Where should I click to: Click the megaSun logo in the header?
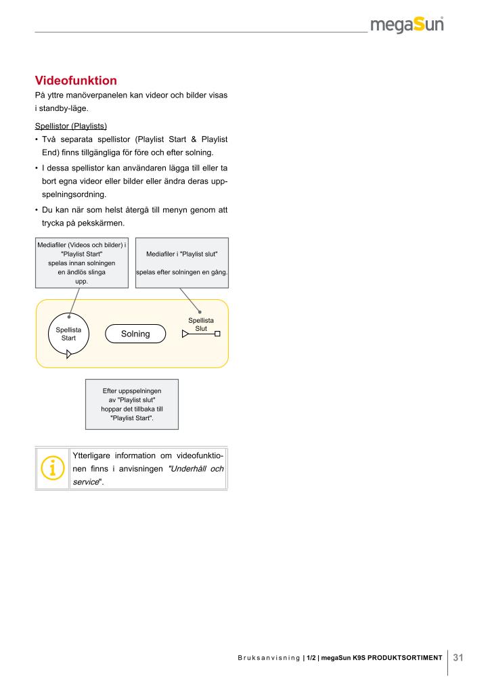pos(407,26)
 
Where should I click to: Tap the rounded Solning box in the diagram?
pos(135,334)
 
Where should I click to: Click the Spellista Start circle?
pos(68,334)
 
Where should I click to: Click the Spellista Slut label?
pos(201,323)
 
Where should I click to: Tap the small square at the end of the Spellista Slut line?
pos(217,333)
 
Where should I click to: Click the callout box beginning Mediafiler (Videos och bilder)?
pos(81,263)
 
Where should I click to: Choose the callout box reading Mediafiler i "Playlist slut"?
pos(181,263)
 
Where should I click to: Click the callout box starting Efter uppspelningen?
pos(131,404)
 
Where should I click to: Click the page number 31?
pos(458,657)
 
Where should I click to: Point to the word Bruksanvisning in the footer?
pos(268,658)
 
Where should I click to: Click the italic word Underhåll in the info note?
pos(187,469)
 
